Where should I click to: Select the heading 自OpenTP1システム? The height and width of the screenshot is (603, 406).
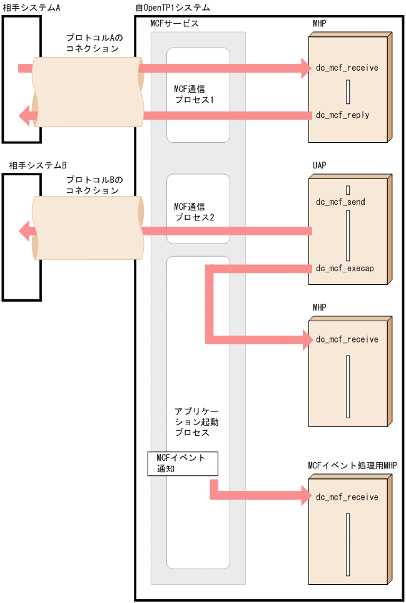[x=173, y=8]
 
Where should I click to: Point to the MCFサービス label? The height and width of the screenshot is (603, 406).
[x=175, y=24]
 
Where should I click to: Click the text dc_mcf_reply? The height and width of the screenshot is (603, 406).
[x=343, y=115]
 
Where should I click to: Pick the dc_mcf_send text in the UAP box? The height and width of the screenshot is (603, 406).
[x=340, y=202]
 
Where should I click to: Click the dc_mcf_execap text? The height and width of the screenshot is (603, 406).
[x=345, y=269]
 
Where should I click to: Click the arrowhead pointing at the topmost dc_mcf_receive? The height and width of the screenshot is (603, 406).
[x=305, y=68]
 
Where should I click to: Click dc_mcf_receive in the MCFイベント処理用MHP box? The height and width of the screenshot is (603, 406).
[x=347, y=497]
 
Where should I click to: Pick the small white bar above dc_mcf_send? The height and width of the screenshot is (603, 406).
[x=347, y=189]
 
